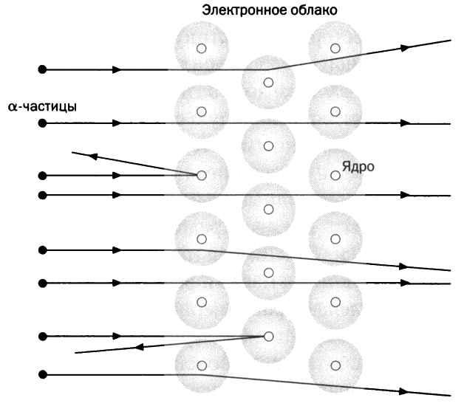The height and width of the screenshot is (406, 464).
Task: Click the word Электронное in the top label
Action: click(244, 10)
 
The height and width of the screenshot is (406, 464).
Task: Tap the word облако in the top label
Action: click(313, 10)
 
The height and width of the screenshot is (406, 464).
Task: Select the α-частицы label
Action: click(42, 106)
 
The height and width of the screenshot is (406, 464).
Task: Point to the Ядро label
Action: click(358, 167)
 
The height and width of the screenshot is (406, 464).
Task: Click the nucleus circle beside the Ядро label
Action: click(335, 176)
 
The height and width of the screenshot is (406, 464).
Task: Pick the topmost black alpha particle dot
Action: click(43, 70)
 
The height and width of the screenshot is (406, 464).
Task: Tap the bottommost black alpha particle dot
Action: click(43, 375)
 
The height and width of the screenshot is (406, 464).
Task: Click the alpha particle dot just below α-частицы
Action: click(43, 123)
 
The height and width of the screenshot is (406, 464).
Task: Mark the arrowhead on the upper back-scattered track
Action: click(92, 156)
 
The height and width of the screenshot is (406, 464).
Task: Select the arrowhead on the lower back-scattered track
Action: click(140, 347)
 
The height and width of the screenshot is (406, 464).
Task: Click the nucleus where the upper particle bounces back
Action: click(202, 176)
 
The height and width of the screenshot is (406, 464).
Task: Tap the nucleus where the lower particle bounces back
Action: click(268, 336)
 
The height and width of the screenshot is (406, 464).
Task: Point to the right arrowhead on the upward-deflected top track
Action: click(405, 47)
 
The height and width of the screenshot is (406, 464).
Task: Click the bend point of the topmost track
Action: click(267, 70)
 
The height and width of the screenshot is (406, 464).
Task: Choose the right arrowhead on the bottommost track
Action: click(404, 391)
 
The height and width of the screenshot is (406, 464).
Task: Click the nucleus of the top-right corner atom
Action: click(335, 48)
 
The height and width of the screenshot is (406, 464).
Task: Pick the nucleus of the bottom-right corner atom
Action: click(335, 366)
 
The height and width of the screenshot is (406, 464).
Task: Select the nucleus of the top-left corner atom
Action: click(202, 48)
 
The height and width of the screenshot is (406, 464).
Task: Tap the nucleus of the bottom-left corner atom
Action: click(202, 366)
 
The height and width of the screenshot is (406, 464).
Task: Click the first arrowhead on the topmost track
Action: click(117, 70)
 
